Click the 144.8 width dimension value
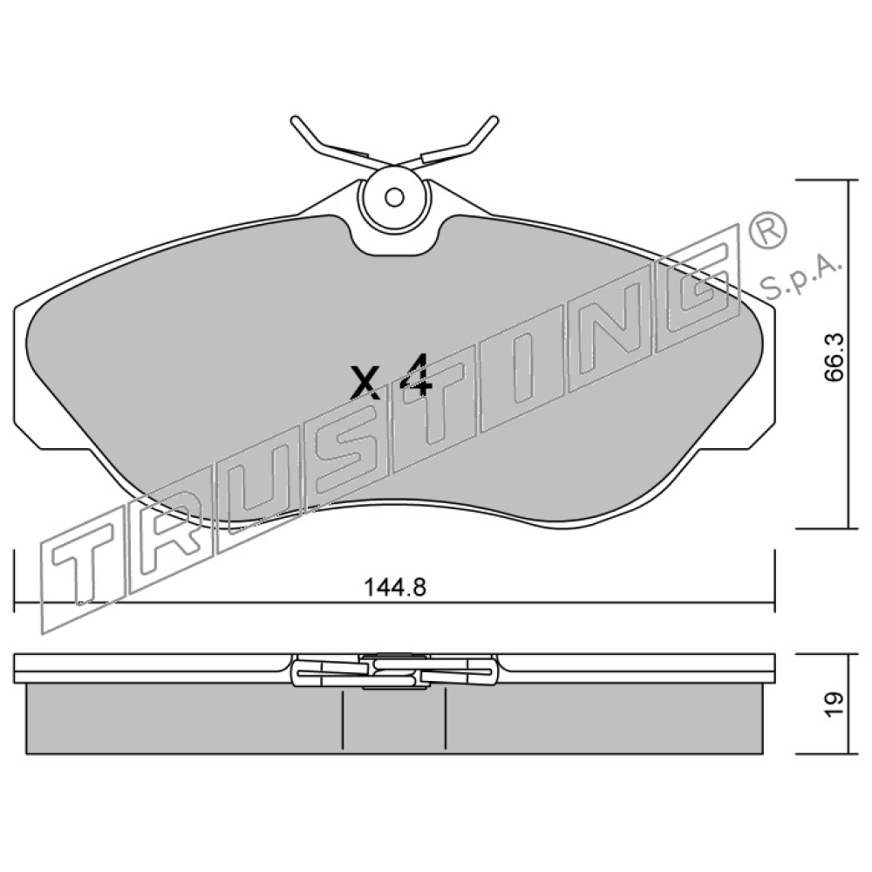tap(394, 587)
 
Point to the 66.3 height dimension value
tap(834, 357)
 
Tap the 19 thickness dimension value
tap(834, 705)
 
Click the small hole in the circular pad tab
tap(394, 197)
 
